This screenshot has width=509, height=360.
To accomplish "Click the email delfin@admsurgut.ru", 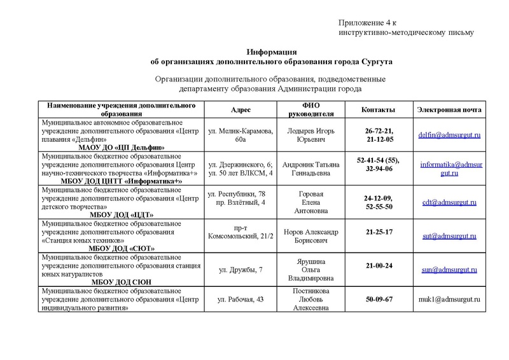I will pyautogui.click(x=449, y=135).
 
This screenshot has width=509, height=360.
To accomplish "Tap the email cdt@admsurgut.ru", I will pyautogui.click(x=449, y=202).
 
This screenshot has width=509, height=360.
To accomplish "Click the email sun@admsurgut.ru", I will pyautogui.click(x=449, y=270).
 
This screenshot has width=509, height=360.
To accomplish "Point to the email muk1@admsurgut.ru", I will pyautogui.click(x=449, y=298).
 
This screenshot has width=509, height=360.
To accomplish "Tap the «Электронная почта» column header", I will pyautogui.click(x=449, y=109).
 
